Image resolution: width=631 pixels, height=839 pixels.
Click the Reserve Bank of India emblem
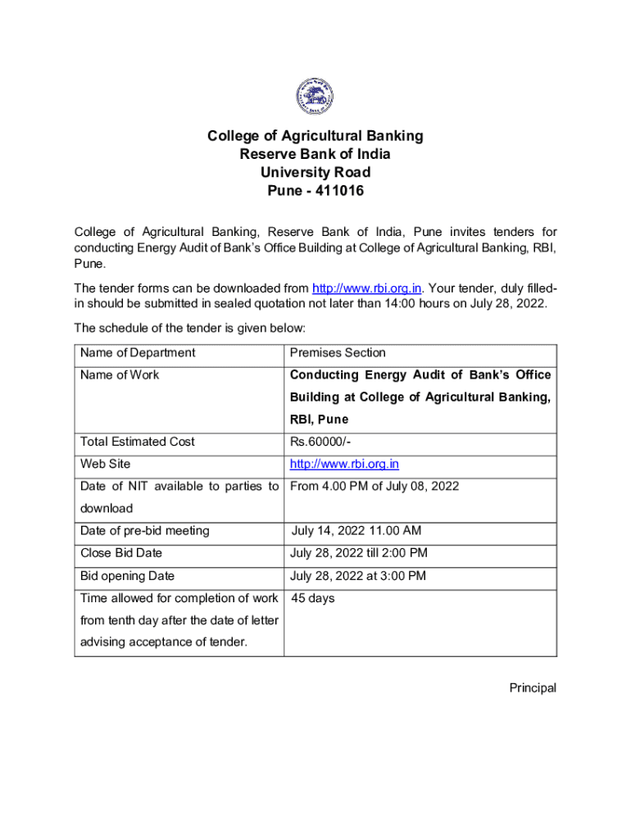pos(315,96)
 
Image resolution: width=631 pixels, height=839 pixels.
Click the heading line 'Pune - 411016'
pos(315,191)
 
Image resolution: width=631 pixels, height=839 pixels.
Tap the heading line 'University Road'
pos(315,172)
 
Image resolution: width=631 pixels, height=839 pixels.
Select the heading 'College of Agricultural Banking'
pos(315,135)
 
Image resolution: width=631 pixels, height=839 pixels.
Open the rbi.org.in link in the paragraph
pos(367,288)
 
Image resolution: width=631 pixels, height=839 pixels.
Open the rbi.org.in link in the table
pos(344,465)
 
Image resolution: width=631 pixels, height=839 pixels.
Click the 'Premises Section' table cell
pos(338,353)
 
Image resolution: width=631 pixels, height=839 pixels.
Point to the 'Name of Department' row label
pos(138,353)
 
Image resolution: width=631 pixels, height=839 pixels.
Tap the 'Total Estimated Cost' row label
pos(138,442)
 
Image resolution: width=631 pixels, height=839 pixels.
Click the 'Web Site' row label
pos(105,465)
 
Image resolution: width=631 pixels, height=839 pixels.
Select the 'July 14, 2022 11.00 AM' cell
pos(357,531)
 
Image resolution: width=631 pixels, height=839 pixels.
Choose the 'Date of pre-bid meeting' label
pos(144,531)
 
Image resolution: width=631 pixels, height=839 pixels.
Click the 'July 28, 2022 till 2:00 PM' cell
pos(359,553)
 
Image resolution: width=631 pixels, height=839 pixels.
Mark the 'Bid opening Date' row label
pos(127,576)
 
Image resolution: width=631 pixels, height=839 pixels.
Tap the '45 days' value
pos(313,598)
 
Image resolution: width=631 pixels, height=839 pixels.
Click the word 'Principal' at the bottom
pos(533,688)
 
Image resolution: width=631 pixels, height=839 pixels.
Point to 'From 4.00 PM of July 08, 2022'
pos(375,487)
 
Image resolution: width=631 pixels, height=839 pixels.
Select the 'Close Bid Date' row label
pos(121,553)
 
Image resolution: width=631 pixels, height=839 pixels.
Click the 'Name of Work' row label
pos(120,375)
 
